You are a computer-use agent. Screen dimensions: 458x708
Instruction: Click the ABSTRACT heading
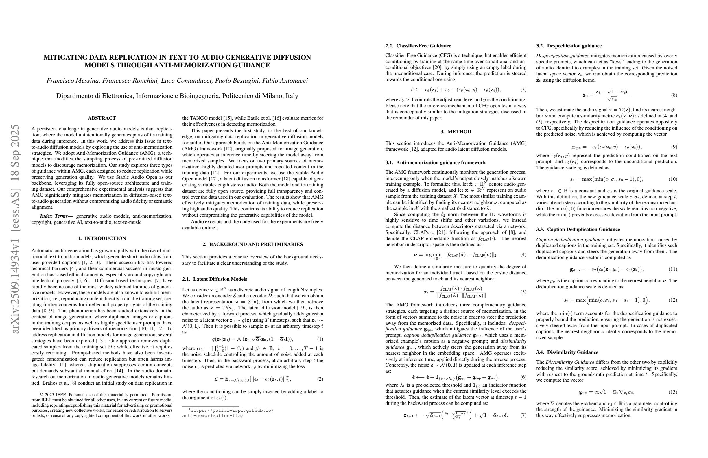(x=102, y=118)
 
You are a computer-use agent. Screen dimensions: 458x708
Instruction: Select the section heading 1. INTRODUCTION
(x=102, y=238)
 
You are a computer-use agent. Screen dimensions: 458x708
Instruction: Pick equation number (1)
(x=320, y=339)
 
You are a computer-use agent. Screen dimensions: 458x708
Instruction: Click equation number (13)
(x=673, y=392)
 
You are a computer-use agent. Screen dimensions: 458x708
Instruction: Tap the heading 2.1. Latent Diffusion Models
(x=215, y=279)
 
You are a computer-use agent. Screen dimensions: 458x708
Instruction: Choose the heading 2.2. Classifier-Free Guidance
(x=418, y=46)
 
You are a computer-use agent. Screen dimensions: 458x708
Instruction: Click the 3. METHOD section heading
(x=456, y=132)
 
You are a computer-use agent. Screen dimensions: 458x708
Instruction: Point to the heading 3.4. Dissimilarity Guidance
(x=567, y=352)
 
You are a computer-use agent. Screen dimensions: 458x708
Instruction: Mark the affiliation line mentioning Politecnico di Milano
(x=177, y=96)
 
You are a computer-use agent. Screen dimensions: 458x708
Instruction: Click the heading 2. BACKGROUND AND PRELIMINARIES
(x=252, y=244)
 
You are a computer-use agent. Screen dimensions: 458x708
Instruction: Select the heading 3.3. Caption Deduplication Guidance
(x=578, y=229)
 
